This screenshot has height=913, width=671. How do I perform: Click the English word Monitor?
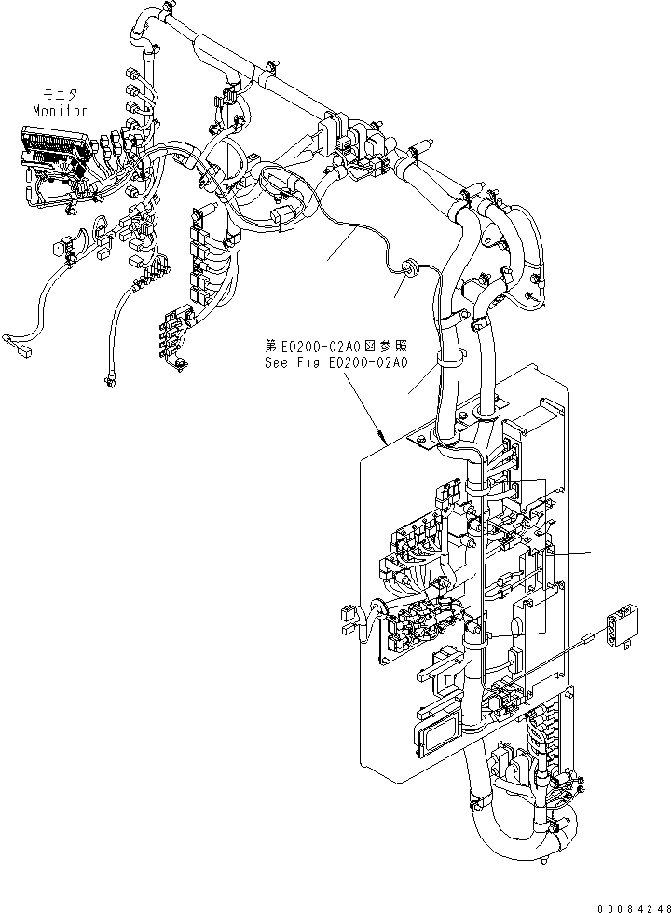coord(60,110)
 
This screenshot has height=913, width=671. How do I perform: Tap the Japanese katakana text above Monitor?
coord(60,95)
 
